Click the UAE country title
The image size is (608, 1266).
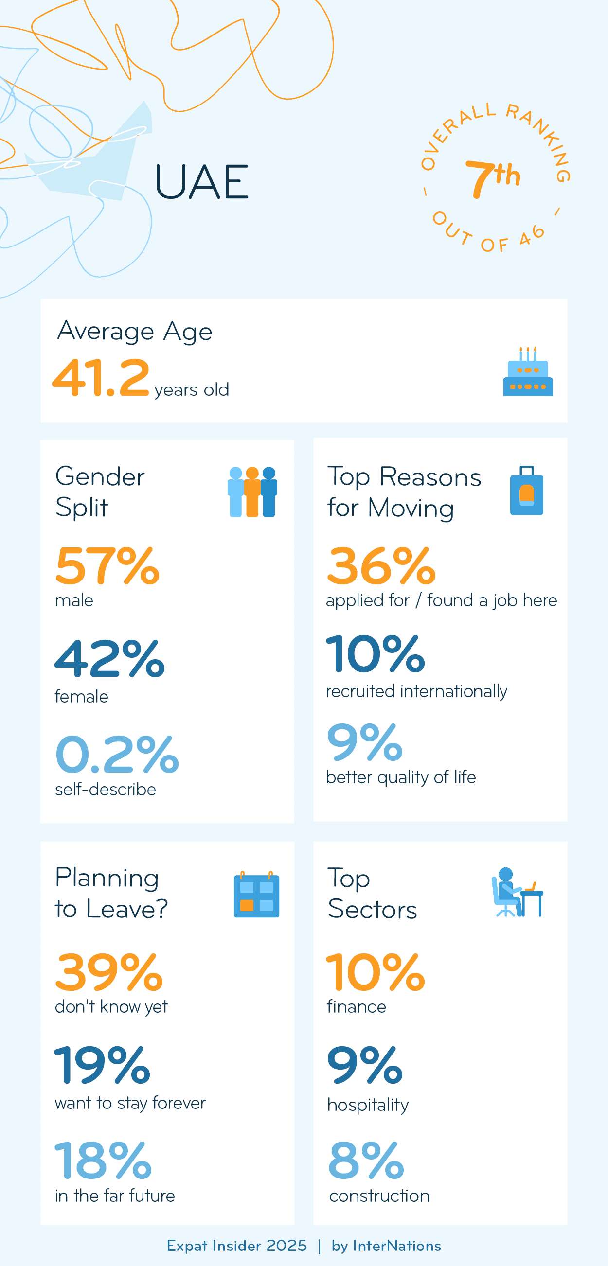(201, 182)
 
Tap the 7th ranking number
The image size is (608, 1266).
(493, 178)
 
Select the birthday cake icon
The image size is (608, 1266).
(528, 372)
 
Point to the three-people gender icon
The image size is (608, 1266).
(252, 492)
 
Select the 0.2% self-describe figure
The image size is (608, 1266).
(117, 754)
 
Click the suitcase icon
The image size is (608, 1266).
(526, 491)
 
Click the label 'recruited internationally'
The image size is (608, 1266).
(416, 691)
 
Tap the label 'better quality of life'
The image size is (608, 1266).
(401, 777)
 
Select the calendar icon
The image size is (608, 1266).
(256, 895)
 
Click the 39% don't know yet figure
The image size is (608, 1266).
(108, 972)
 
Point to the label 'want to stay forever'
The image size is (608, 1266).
(130, 1103)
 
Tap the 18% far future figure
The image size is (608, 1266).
(103, 1161)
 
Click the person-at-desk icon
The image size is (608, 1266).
(517, 893)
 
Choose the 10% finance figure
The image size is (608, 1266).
(376, 972)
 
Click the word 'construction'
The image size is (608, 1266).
(379, 1196)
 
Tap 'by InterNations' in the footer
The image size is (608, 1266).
(386, 1246)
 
